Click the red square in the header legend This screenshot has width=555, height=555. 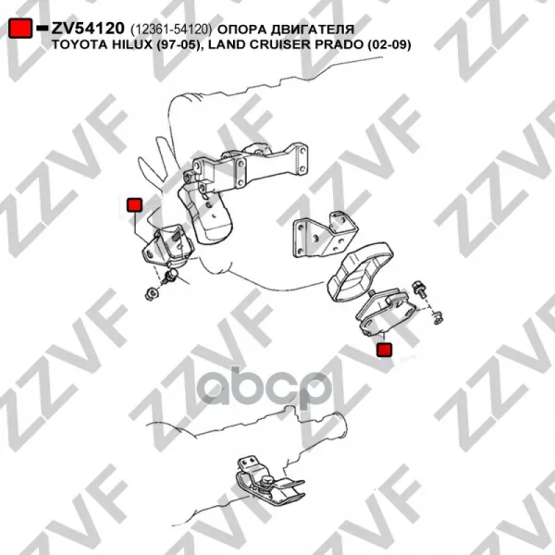click(20, 28)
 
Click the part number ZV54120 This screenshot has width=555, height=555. click(88, 29)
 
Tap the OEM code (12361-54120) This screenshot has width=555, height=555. click(171, 30)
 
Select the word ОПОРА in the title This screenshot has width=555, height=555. click(241, 30)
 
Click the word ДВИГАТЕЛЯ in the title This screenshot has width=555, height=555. click(313, 30)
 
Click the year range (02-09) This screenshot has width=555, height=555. click(389, 45)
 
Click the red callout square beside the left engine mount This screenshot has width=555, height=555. click(134, 205)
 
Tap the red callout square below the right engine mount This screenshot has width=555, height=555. click(385, 350)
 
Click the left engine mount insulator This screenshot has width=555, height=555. click(167, 246)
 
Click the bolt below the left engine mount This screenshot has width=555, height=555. click(170, 276)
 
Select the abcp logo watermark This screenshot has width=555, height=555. click(265, 390)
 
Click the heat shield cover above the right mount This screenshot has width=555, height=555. click(361, 271)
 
